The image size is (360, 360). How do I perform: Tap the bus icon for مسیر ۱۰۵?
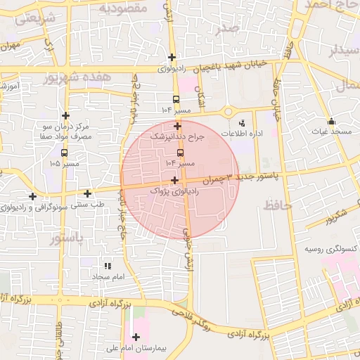[x=65, y=153]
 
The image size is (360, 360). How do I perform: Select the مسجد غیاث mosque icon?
[x=331, y=121]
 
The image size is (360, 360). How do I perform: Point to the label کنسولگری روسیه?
[x=330, y=250]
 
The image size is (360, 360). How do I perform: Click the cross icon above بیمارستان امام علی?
[x=136, y=337]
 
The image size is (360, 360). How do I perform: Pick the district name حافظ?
[x=278, y=205]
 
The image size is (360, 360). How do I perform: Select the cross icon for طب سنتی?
[x=87, y=193]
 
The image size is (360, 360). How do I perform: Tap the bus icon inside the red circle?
[x=181, y=152]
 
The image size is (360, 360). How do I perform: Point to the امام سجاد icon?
[x=108, y=266]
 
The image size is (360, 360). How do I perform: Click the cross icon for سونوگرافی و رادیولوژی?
[x=32, y=195]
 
